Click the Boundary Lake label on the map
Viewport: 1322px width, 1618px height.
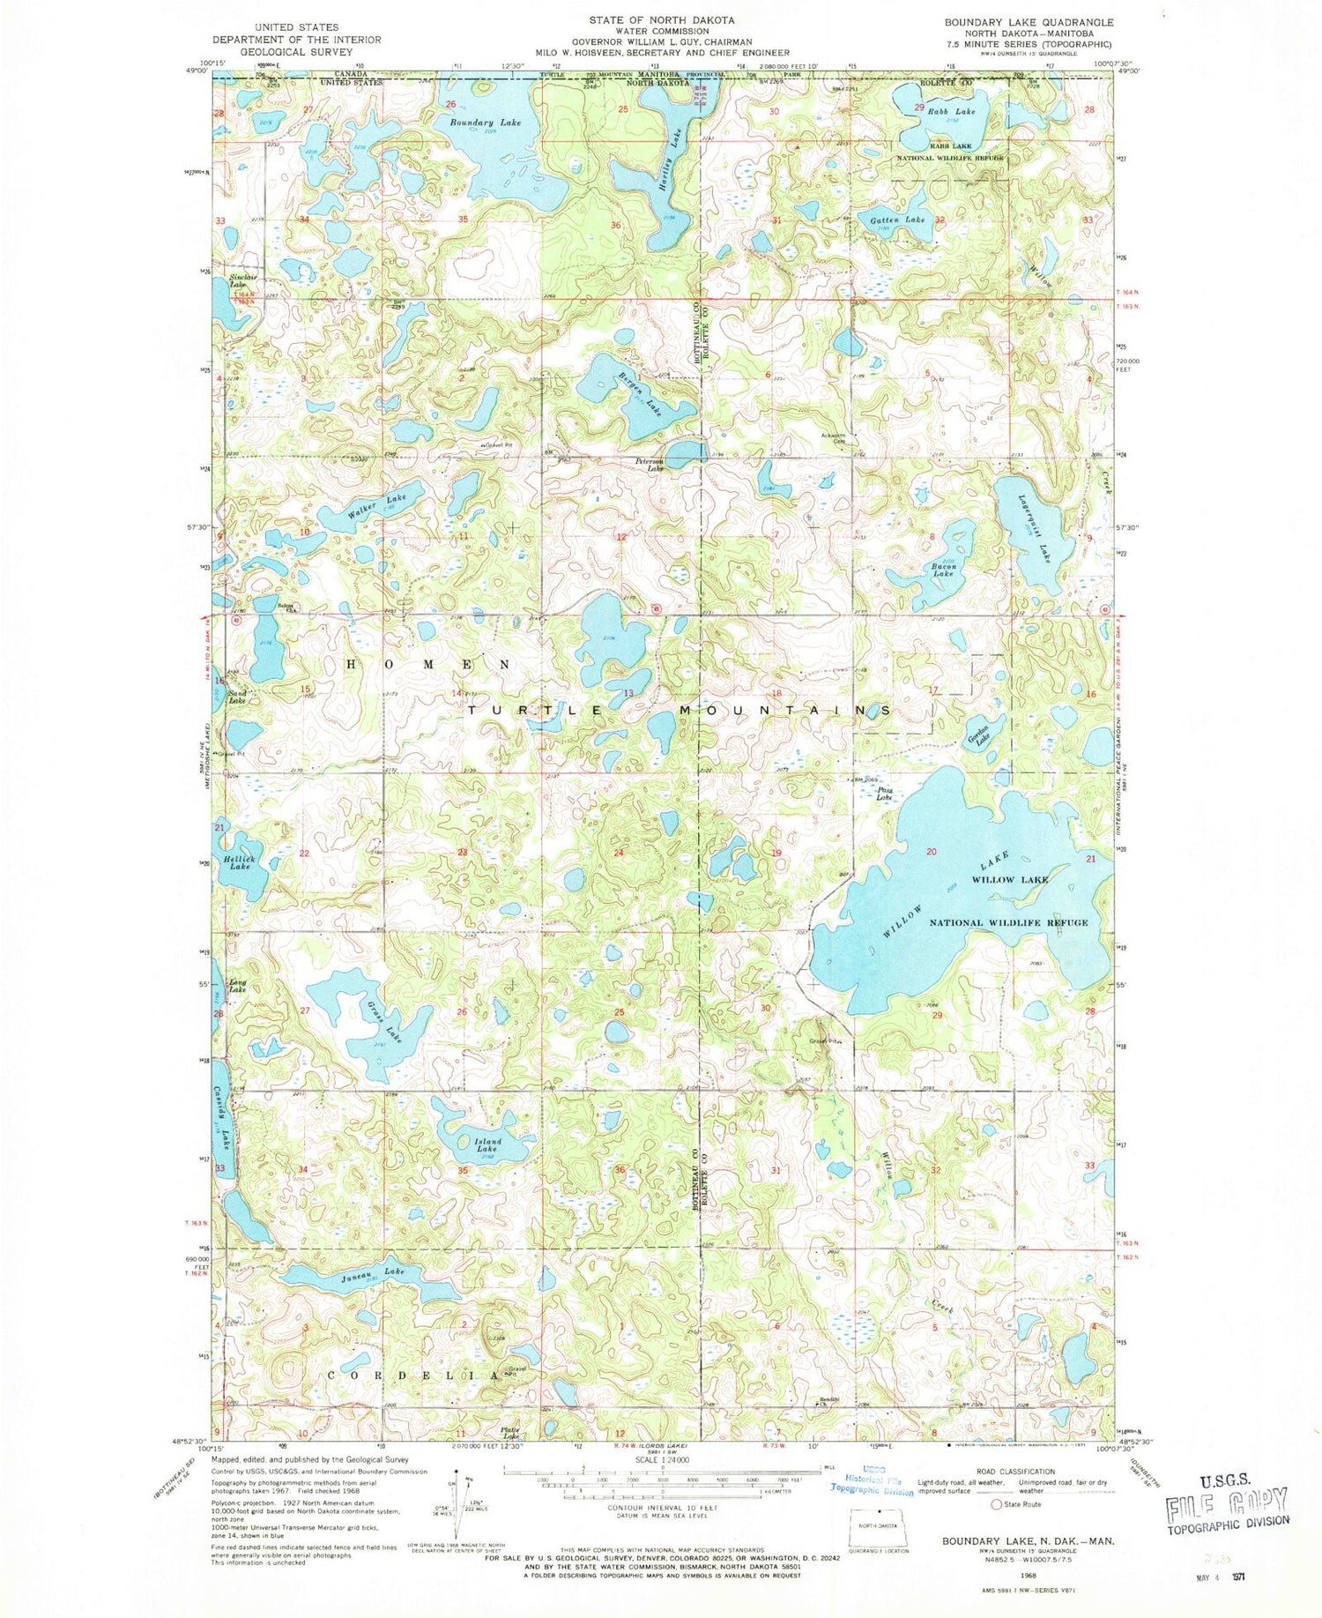(486, 123)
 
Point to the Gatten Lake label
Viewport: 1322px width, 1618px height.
(898, 220)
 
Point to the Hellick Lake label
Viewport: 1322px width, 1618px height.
(239, 862)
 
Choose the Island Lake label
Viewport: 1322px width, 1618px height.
(487, 1145)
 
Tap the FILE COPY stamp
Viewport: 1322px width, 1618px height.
(1228, 1501)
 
